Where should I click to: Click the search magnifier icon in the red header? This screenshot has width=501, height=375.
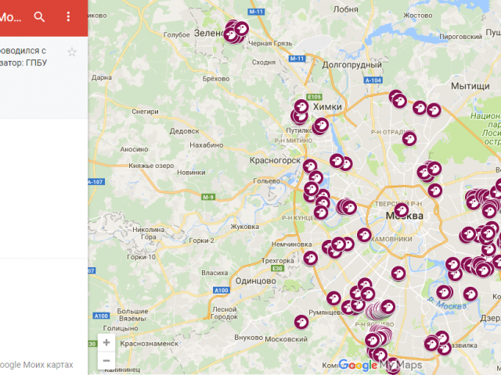click(40, 16)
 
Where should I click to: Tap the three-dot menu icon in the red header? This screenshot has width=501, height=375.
click(68, 16)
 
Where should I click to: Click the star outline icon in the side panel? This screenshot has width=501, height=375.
click(72, 52)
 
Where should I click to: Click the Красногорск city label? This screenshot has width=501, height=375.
click(276, 159)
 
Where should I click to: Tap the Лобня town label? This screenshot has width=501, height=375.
click(345, 9)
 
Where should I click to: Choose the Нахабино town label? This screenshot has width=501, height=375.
click(207, 145)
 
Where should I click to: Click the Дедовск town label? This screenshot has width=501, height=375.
click(185, 130)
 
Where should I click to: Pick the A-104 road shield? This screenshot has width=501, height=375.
click(374, 80)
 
